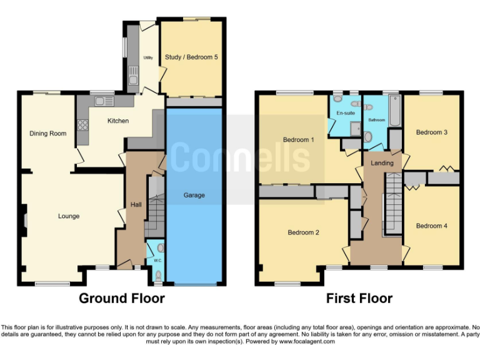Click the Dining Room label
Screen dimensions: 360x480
pos(48,133)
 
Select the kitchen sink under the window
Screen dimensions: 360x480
pos(101,100)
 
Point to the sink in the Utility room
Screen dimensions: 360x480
pos(132,78)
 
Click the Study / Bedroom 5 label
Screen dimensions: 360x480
pos(191,57)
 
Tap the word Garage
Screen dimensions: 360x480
pos(194,195)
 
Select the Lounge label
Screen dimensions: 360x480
pos(69,216)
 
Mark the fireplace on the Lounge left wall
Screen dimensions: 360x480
pos(23,221)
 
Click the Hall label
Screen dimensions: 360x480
pos(136,204)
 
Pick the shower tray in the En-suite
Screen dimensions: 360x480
pos(356,129)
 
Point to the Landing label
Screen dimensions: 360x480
pos(382,163)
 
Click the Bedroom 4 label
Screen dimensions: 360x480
pos(432,226)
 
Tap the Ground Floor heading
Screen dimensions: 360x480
pos(122,298)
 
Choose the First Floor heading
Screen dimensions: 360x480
pos(359,298)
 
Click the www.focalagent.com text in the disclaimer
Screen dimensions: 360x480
pos(307,341)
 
